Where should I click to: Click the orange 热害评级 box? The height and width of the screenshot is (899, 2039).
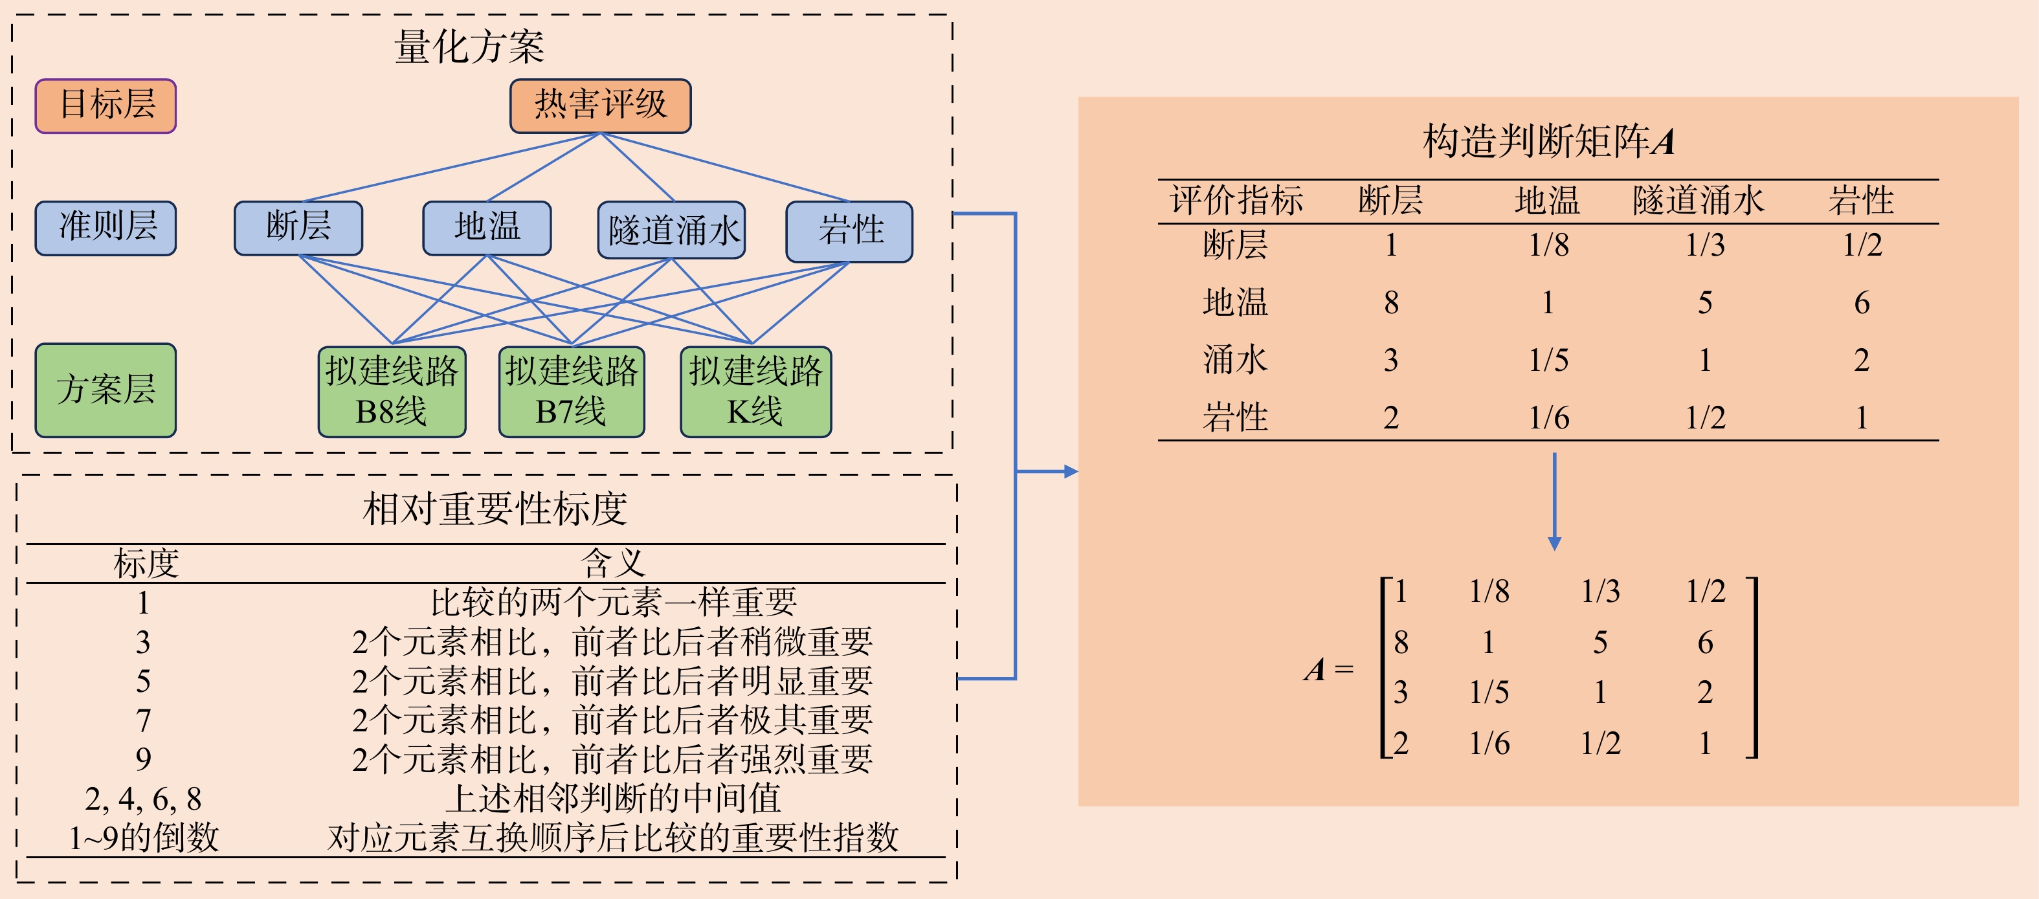[x=600, y=105]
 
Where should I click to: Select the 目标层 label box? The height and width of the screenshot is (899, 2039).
[x=106, y=105]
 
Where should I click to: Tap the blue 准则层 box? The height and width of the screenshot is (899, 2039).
[x=106, y=228]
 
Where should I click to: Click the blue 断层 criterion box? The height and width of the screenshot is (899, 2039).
[x=298, y=228]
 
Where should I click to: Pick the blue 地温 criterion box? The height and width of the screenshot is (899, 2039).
[x=487, y=228]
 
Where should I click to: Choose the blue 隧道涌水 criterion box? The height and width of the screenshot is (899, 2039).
[x=671, y=230]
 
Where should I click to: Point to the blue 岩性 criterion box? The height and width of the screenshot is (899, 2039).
[x=849, y=231]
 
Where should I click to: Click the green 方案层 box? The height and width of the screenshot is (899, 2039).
[x=106, y=390]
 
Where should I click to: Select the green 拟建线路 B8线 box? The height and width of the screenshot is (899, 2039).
[x=392, y=392]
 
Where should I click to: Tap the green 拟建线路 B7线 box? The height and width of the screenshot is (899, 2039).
[x=572, y=392]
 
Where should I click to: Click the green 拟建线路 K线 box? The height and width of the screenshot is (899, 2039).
[x=756, y=392]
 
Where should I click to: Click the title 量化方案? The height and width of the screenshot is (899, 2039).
[x=469, y=47]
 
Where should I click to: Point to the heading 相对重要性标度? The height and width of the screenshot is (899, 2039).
[x=495, y=508]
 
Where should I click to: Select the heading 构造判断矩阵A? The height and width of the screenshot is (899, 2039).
[x=1548, y=142]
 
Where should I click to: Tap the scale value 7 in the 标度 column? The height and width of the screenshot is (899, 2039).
[x=143, y=720]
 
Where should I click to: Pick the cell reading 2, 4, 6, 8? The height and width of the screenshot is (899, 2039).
[x=143, y=799]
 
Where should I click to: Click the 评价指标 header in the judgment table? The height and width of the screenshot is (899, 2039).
[x=1236, y=200]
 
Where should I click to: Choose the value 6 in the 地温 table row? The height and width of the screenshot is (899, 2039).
[x=1862, y=302]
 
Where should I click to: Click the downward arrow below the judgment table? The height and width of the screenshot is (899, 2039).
[x=1555, y=502]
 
